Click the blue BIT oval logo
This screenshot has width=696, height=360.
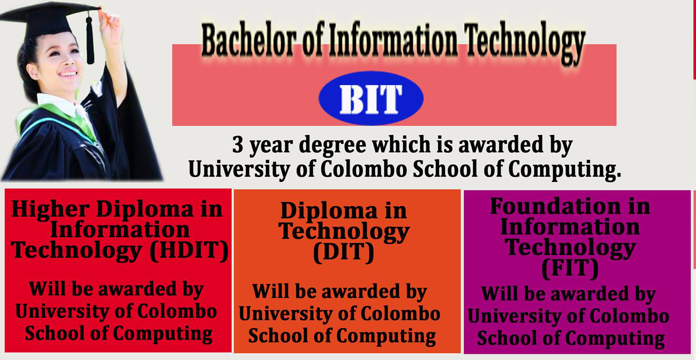point(371,98)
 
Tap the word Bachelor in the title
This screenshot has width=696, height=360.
point(248,40)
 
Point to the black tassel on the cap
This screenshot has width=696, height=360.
point(90,39)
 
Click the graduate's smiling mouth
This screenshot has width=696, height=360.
point(68,74)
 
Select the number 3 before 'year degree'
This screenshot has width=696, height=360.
point(238,145)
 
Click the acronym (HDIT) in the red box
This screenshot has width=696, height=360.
point(189,251)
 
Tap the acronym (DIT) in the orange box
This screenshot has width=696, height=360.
point(343,253)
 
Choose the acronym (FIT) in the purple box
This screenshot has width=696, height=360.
point(570,269)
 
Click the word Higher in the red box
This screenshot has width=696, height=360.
point(50,209)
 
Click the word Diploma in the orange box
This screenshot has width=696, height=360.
point(329,210)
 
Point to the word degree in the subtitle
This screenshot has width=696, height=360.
point(333,145)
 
